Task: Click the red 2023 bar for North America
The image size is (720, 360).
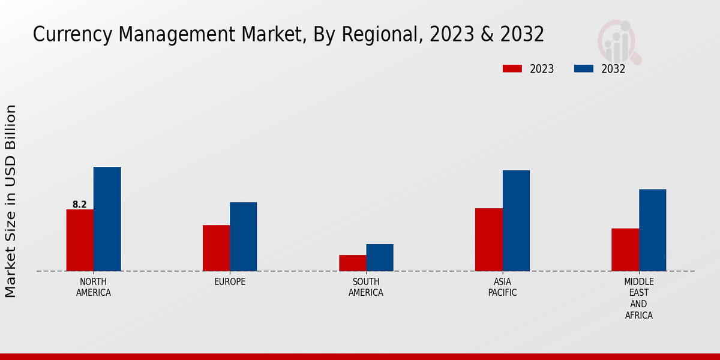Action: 80,240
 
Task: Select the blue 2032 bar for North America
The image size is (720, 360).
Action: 107,219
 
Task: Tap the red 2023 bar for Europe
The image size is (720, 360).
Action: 216,248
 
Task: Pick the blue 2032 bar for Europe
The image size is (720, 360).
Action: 243,236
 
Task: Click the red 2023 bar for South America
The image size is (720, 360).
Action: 352,263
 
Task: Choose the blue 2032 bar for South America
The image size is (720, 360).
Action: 380,257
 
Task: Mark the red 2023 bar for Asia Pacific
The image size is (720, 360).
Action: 488,239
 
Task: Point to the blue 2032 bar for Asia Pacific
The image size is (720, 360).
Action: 516,220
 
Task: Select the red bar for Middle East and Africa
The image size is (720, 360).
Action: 625,250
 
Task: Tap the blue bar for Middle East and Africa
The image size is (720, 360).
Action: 652,230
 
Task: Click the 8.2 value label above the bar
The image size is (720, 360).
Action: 80,205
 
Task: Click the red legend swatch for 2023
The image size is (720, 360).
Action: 512,68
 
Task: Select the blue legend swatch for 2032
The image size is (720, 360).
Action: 583,68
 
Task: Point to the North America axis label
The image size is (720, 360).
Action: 94,287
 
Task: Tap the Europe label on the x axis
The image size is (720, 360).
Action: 230,282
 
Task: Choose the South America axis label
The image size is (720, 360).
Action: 366,287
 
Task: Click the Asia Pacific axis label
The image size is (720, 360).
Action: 502,287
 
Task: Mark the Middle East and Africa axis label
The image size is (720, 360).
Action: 639,298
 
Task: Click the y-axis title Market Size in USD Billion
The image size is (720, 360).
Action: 11,201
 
